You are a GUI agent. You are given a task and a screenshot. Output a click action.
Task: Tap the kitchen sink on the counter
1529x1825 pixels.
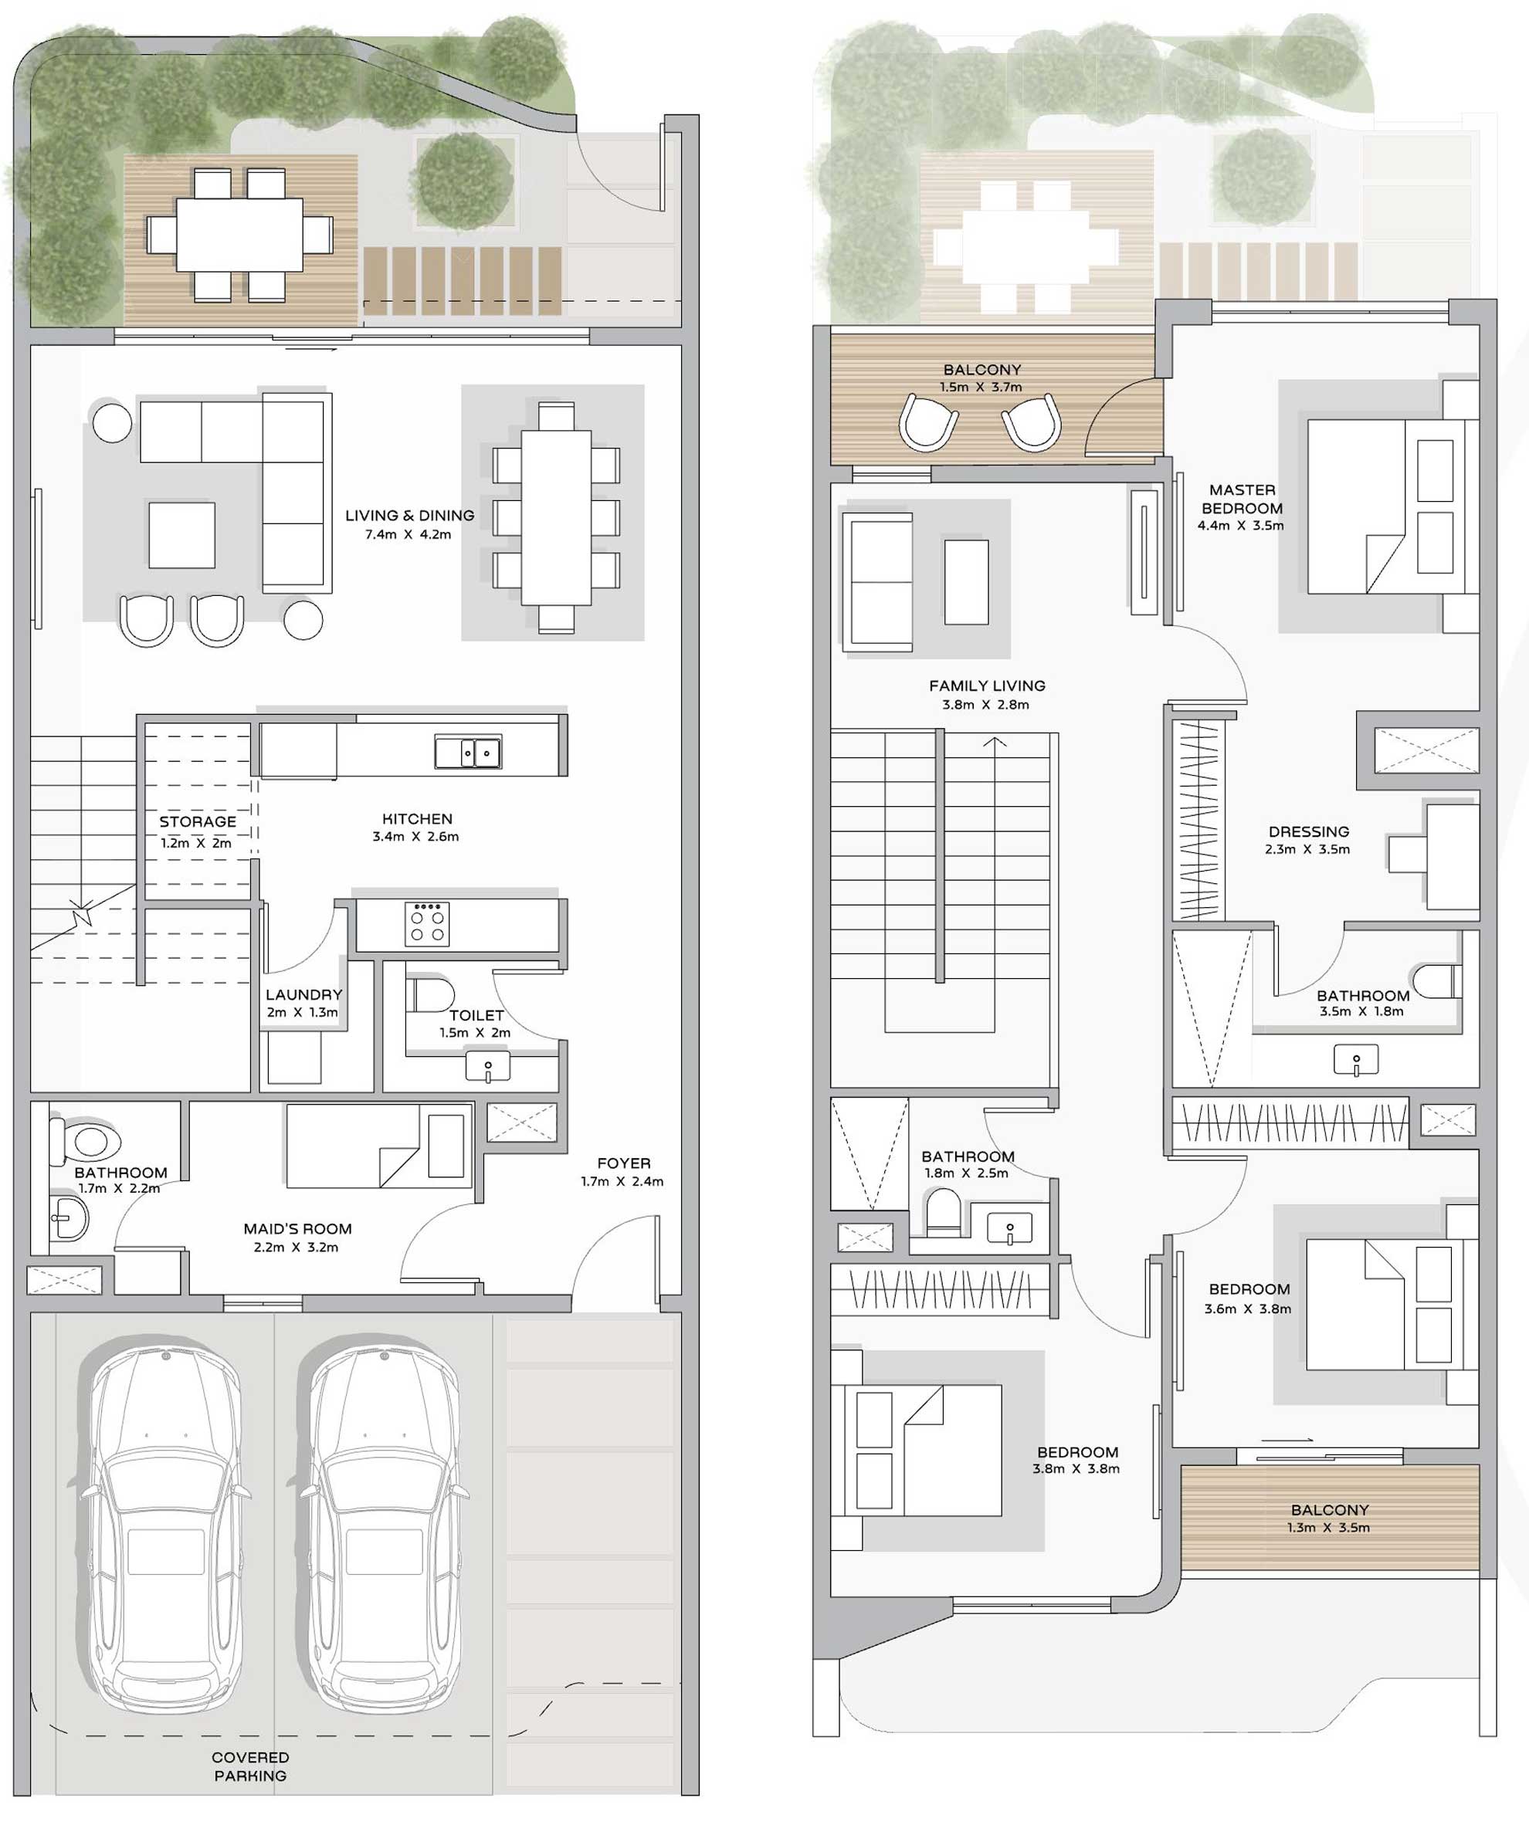tap(468, 753)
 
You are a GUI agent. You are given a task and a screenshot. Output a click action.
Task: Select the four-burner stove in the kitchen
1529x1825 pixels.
tap(427, 924)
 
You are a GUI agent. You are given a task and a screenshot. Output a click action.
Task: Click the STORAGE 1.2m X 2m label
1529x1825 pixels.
tap(198, 831)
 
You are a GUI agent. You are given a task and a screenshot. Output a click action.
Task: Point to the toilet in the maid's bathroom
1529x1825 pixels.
tap(85, 1140)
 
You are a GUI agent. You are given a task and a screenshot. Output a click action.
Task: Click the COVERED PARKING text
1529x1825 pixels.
tap(250, 1766)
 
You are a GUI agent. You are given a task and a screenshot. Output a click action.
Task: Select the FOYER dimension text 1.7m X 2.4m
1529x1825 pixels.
tap(622, 1182)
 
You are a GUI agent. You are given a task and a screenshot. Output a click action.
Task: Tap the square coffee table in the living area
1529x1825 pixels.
tap(181, 534)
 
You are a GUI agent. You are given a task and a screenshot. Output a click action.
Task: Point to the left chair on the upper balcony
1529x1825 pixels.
tap(928, 422)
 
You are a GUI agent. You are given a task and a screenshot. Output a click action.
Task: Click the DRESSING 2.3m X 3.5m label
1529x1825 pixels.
tap(1308, 839)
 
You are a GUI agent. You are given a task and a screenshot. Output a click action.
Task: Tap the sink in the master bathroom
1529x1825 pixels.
tap(1356, 1058)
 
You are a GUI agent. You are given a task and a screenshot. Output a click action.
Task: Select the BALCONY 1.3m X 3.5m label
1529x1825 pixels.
tap(1329, 1519)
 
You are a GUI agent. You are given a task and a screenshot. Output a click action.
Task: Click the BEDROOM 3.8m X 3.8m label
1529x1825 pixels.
tap(1077, 1460)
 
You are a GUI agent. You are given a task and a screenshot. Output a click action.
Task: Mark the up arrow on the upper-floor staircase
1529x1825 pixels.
tap(995, 742)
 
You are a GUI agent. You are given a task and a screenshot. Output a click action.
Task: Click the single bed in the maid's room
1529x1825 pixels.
tap(379, 1146)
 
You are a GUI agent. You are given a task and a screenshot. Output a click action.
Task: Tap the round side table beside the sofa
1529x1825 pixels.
tap(112, 422)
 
